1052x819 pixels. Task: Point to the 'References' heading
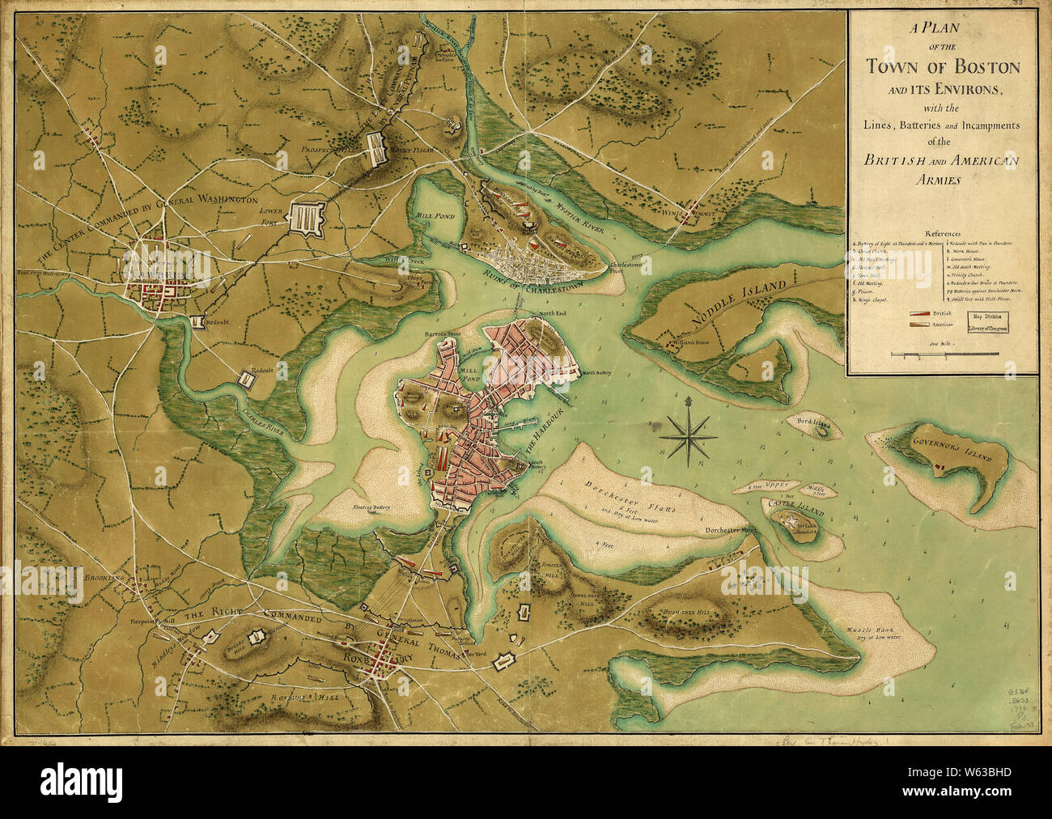click(942, 229)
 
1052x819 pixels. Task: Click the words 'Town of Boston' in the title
click(943, 67)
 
